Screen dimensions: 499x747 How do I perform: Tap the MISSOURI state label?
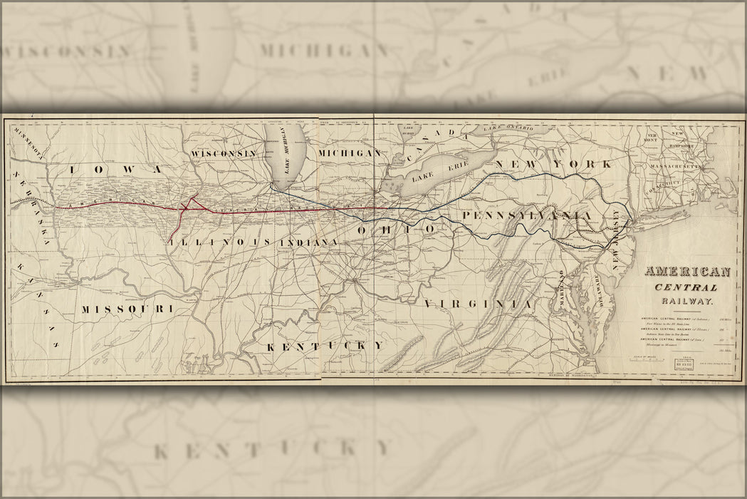127,309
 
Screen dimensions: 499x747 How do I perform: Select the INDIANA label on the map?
309,243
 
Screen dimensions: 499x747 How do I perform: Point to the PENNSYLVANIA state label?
526,215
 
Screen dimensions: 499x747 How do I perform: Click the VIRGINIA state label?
479,304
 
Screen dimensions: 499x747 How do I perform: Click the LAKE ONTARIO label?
508,128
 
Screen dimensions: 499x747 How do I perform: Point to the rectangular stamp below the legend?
684,365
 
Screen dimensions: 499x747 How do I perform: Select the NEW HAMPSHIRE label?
677,138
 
